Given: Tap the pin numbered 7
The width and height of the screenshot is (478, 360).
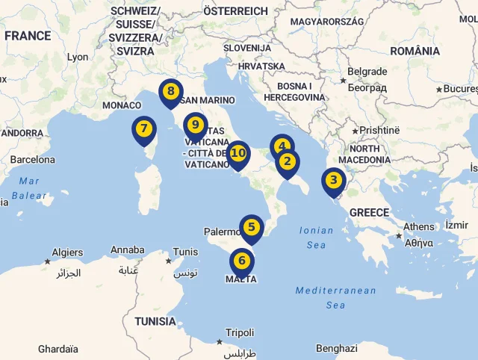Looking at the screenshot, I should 143,128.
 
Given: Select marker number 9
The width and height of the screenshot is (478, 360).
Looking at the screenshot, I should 195,125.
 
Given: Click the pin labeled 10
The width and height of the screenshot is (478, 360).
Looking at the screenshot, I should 238,154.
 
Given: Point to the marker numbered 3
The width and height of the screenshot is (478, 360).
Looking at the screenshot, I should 333,181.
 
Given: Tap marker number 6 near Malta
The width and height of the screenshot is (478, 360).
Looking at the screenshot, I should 241,261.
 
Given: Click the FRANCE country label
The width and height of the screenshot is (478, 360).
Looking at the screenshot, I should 28,36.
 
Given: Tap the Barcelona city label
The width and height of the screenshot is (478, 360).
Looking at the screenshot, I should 32,159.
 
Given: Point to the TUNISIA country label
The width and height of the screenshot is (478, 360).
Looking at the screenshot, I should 155,322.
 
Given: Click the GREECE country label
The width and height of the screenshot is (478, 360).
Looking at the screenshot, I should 369,213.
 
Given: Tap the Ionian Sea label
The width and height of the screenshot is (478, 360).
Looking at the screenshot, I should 316,238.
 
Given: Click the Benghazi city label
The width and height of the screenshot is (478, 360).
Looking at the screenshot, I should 336,348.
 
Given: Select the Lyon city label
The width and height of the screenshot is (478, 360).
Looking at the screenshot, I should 77,57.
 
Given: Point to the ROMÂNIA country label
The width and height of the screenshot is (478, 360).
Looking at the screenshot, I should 415,51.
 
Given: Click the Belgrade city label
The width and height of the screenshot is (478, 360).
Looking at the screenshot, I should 367,72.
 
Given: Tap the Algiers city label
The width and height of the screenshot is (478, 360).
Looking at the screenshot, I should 67,252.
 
